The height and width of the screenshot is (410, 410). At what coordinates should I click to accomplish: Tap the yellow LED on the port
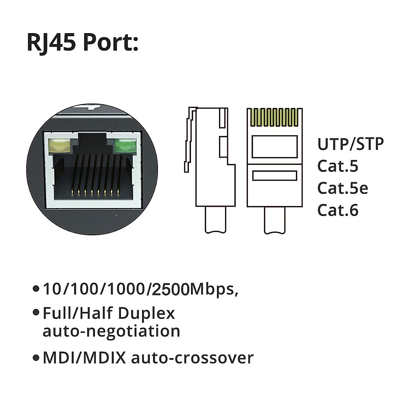(60, 146)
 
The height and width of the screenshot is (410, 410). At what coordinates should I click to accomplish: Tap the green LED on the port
(125, 146)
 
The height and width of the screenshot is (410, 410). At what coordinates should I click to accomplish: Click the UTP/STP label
(350, 144)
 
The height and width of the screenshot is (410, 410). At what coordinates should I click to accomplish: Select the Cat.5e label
(342, 188)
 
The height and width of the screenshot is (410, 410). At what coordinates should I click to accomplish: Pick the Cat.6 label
(338, 210)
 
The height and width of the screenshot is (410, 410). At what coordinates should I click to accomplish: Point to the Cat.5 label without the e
(338, 166)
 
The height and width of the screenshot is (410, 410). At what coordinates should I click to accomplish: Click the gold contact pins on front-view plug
(274, 118)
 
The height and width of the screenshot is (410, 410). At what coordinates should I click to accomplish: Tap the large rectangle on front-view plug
(274, 147)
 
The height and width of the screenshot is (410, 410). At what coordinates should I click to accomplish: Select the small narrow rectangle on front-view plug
(274, 176)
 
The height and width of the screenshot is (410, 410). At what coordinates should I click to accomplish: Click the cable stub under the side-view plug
(215, 220)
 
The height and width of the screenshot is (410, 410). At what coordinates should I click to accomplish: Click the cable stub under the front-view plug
(274, 220)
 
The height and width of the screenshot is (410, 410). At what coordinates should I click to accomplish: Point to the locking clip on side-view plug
(189, 140)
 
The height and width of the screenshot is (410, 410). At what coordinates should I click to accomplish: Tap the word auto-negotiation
(111, 331)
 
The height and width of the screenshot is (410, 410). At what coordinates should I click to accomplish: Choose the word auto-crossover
(192, 358)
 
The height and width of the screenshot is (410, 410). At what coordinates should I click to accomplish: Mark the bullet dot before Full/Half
(36, 313)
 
